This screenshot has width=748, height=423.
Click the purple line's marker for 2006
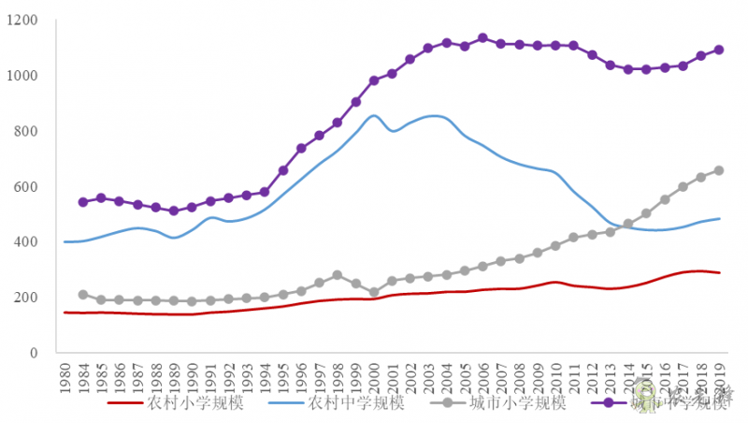(482, 38)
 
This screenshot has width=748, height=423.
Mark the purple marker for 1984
(83, 201)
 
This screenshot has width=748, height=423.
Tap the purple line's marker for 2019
(719, 50)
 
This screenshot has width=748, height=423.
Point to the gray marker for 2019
(719, 170)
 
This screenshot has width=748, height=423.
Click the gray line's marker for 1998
(338, 275)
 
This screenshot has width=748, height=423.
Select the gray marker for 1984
(83, 294)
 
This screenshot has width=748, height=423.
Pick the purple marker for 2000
(374, 80)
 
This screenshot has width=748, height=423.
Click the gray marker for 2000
(374, 292)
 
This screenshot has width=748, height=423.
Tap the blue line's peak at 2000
(374, 116)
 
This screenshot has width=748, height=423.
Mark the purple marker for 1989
(174, 211)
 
